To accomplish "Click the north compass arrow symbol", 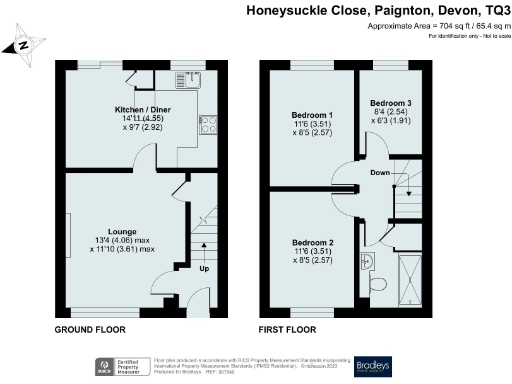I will click(23, 45).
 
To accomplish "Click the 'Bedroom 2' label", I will click(312, 243).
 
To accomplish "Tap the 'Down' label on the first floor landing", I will click(380, 172).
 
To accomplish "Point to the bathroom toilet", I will click(377, 283).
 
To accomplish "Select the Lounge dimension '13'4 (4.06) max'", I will click(123, 239).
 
